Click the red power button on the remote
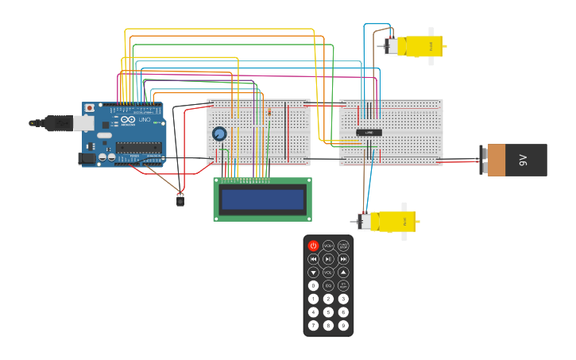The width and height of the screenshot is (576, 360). [313, 246]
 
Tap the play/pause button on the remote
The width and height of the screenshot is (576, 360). [328, 259]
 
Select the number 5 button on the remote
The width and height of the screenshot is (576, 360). [328, 312]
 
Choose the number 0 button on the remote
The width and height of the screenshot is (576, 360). [313, 285]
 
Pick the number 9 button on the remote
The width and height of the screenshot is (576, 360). [343, 325]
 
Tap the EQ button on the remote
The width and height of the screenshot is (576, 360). [328, 285]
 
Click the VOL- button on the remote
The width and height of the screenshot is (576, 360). [313, 273]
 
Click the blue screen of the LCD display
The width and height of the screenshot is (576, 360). [262, 199]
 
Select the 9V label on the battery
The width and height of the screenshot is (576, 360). [523, 160]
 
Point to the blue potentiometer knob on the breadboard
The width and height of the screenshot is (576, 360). [219, 134]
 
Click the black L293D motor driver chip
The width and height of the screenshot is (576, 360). [369, 133]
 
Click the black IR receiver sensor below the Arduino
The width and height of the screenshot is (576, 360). [180, 200]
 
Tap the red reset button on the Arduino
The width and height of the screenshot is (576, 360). [89, 108]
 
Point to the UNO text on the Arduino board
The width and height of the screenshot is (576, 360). [145, 120]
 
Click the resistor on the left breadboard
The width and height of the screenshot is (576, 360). [269, 112]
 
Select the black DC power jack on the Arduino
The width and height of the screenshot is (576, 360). [87, 158]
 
